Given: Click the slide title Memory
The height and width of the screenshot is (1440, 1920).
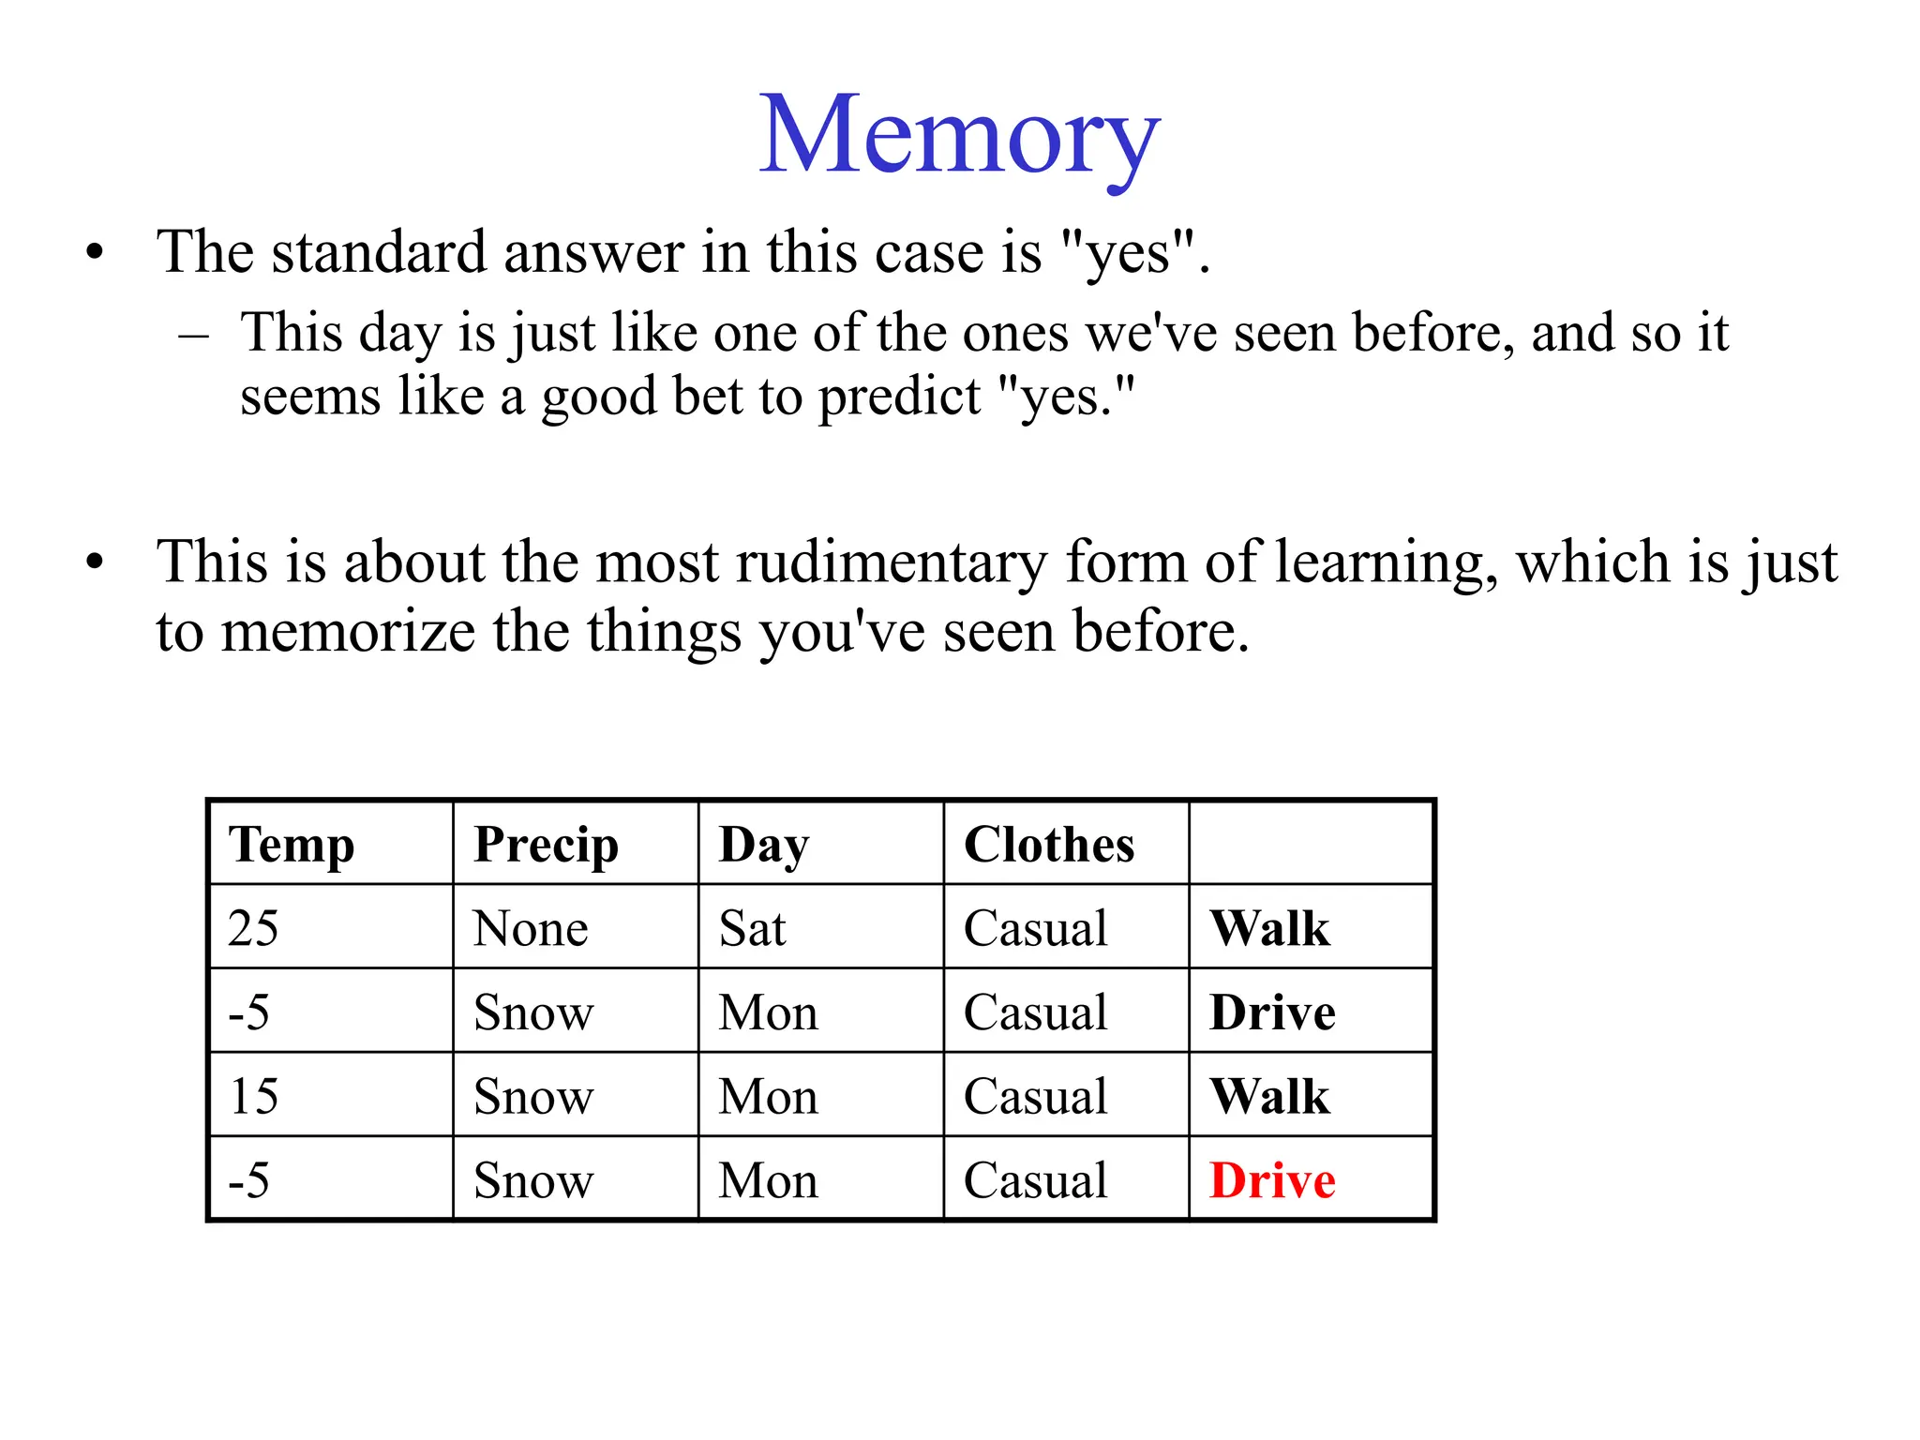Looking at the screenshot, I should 959,136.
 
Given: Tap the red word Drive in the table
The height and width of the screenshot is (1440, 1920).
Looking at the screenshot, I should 1272,1180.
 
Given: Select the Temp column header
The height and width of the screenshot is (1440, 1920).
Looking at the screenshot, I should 292,845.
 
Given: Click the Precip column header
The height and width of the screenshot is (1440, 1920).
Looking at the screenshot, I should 546,845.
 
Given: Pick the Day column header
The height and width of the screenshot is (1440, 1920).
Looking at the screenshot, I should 763,845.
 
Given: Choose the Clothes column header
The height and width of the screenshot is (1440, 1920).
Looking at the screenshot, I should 1049,845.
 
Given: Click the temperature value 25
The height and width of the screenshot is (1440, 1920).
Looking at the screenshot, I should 253,928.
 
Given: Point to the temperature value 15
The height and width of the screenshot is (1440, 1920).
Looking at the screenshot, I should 253,1096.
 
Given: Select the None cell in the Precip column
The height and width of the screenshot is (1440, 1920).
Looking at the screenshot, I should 531,928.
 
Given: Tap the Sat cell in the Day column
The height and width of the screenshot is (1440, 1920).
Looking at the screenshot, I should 752,928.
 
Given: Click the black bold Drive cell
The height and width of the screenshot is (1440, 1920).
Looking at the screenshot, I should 1272,1012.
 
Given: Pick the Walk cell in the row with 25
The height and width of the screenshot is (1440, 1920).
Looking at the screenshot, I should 1269,928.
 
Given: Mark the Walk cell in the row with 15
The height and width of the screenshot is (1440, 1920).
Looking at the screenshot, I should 1269,1096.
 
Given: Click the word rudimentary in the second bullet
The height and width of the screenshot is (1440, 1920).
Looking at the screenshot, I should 891,563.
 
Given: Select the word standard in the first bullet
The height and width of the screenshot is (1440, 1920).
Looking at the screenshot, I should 379,252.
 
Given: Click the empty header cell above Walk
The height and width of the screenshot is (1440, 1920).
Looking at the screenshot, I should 1311,843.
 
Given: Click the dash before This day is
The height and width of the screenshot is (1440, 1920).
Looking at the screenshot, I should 194,335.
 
